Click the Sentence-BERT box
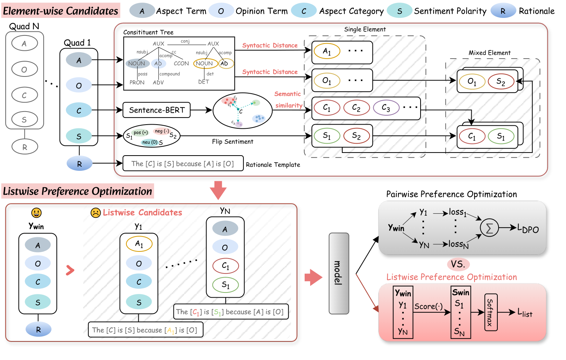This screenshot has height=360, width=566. pyautogui.click(x=157, y=110)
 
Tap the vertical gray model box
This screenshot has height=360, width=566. pyautogui.click(x=339, y=273)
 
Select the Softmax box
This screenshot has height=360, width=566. pyautogui.click(x=490, y=312)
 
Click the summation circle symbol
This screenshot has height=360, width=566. pyautogui.click(x=489, y=228)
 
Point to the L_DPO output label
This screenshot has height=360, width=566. pyautogui.click(x=528, y=228)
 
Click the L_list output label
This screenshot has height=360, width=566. pyautogui.click(x=525, y=313)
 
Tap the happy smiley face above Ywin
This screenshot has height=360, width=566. pyautogui.click(x=36, y=213)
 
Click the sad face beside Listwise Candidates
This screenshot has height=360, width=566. pyautogui.click(x=96, y=213)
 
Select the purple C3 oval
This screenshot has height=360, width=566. pyautogui.click(x=386, y=108)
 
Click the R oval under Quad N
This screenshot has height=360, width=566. pyautogui.click(x=25, y=147)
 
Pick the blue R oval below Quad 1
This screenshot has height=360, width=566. pyautogui.click(x=79, y=163)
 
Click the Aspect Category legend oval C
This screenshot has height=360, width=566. pyautogui.click(x=304, y=11)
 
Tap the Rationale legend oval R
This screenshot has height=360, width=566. pyautogui.click(x=503, y=11)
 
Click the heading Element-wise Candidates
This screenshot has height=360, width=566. pyautogui.click(x=60, y=11)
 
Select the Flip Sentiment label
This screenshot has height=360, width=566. pyautogui.click(x=232, y=142)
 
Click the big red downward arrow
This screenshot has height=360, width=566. pyautogui.click(x=218, y=190)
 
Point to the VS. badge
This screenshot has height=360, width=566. pyautogui.click(x=458, y=264)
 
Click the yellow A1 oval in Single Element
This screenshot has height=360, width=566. pyautogui.click(x=327, y=51)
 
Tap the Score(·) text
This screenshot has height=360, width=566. pyautogui.click(x=428, y=306)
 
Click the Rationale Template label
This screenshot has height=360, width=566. pyautogui.click(x=273, y=165)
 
